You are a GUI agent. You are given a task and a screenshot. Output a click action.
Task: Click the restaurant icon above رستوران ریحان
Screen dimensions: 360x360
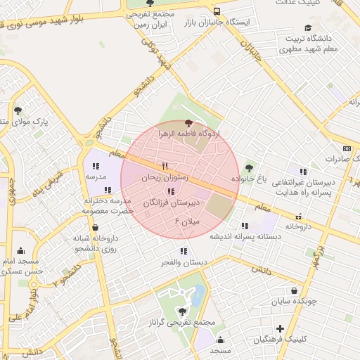point(165,167)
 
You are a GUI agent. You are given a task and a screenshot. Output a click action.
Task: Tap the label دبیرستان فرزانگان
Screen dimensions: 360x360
point(172,202)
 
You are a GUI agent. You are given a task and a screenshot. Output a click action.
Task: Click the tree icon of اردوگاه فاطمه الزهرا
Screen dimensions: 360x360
point(188,123)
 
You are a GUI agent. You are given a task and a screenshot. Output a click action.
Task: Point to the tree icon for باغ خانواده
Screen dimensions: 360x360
point(248,168)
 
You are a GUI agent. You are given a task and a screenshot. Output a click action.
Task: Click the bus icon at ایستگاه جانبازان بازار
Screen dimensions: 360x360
point(217,11)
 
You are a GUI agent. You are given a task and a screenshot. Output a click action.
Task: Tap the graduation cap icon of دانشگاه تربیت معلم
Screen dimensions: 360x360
point(307,28)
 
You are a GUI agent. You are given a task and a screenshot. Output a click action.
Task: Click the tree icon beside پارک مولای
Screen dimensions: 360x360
point(18,110)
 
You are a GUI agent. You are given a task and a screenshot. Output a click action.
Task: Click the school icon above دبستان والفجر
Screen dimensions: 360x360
point(184,251)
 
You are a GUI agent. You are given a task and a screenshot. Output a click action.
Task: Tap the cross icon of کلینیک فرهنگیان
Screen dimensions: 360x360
point(280,328)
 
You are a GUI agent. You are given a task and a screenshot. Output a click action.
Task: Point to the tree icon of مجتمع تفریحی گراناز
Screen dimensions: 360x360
point(184,310)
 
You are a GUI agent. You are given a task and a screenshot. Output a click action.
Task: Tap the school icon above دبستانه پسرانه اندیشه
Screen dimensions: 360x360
point(245,226)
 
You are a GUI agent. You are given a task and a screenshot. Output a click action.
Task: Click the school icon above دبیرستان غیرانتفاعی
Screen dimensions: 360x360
point(303,171)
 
